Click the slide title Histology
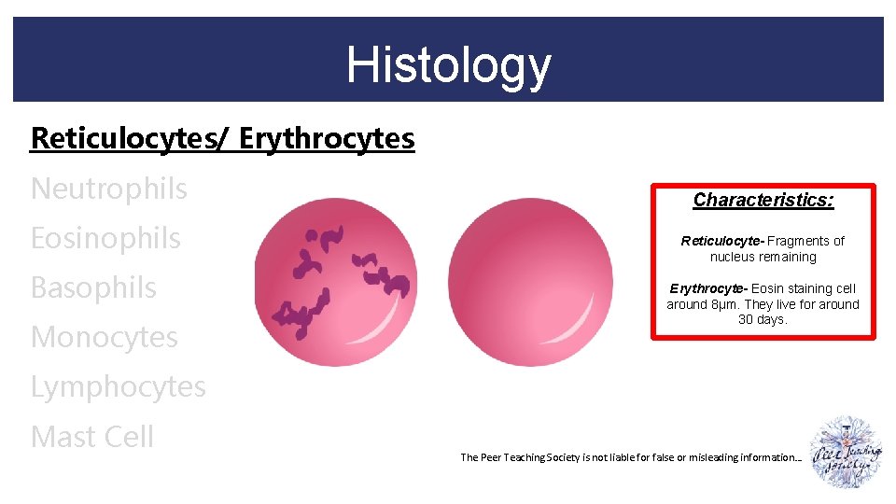click(x=448, y=64)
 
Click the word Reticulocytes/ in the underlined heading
click(x=131, y=138)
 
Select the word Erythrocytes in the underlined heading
click(x=327, y=138)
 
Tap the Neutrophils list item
click(x=108, y=189)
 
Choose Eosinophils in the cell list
click(x=105, y=238)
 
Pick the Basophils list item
click(x=93, y=287)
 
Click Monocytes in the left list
click(x=104, y=337)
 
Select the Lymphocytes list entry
click(x=118, y=386)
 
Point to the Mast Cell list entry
click(x=91, y=436)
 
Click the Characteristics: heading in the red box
click(x=763, y=200)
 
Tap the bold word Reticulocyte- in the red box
click(x=722, y=241)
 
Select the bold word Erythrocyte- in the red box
click(x=708, y=288)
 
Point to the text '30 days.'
click(x=763, y=319)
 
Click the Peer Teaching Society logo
click(x=845, y=453)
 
